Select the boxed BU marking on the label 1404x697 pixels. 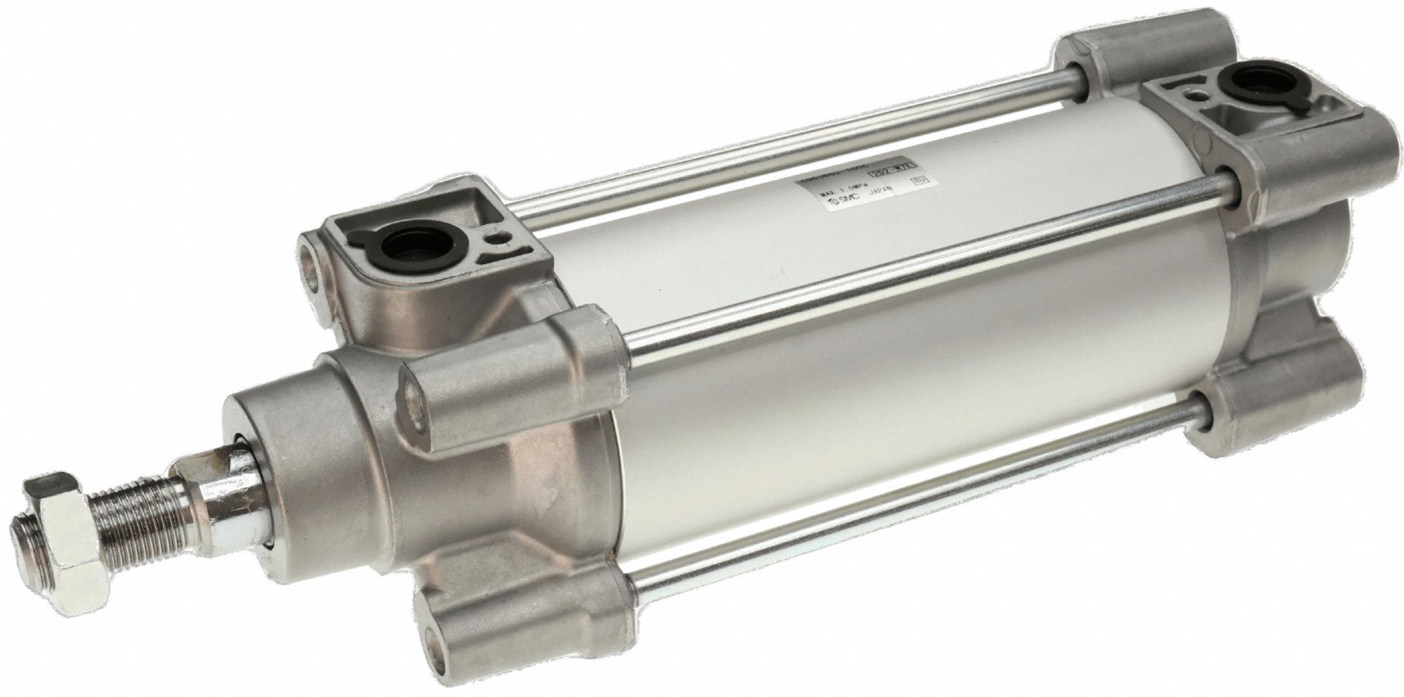coord(918,181)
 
